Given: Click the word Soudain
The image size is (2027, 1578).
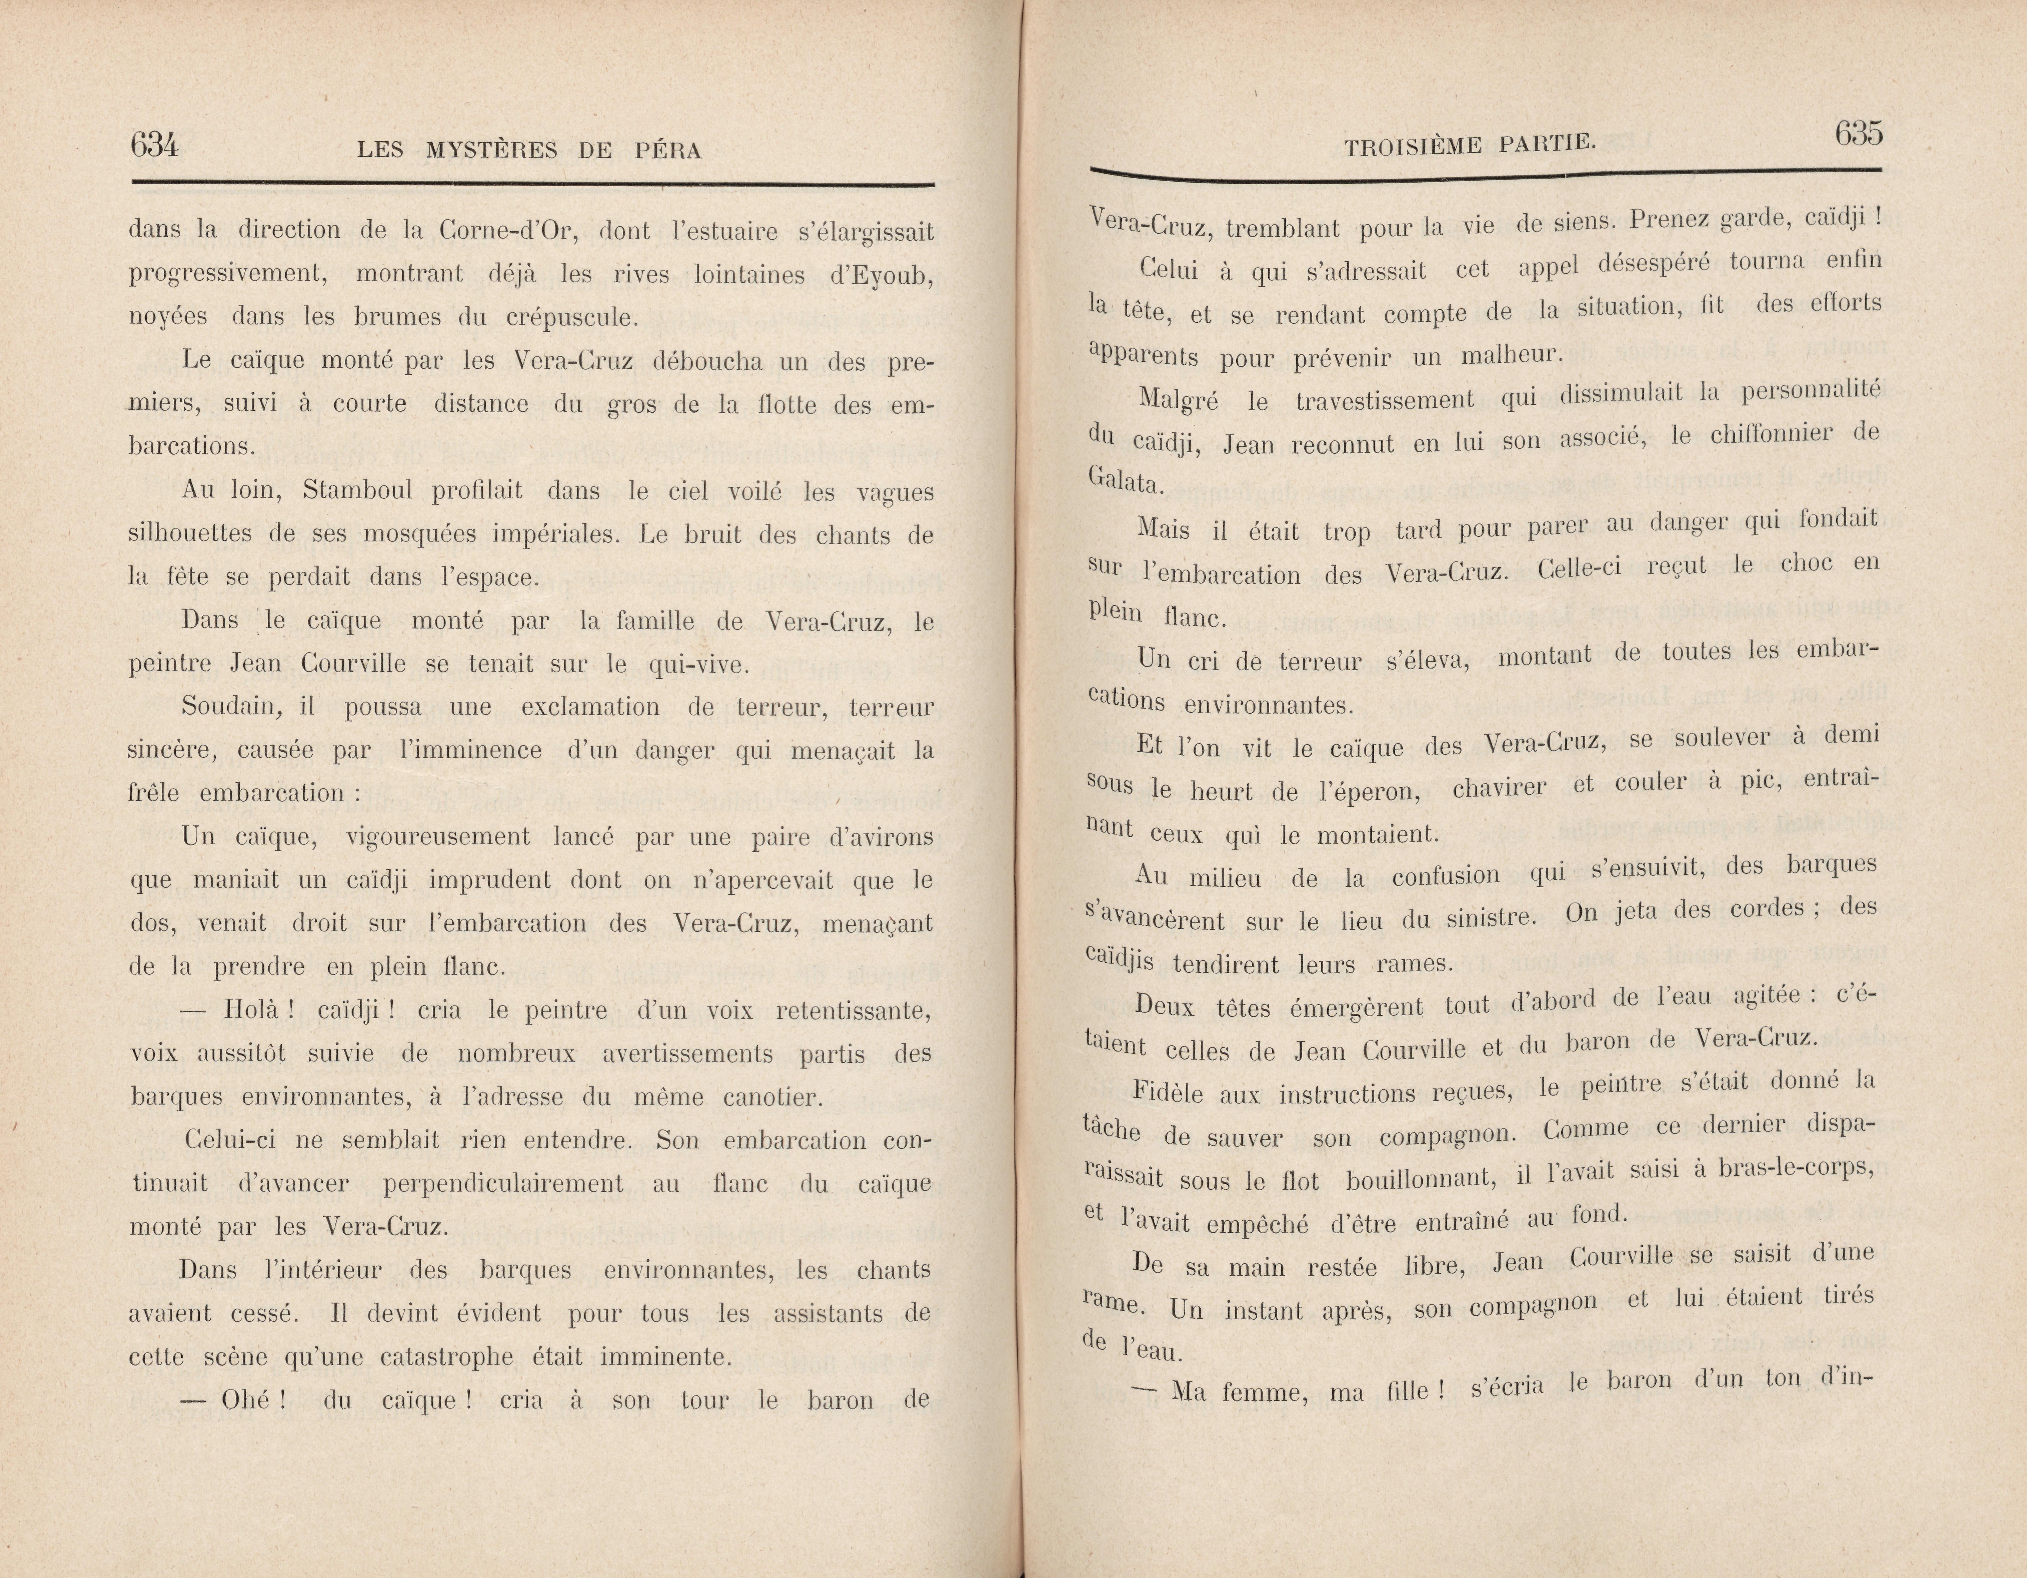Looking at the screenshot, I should coord(230,707).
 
